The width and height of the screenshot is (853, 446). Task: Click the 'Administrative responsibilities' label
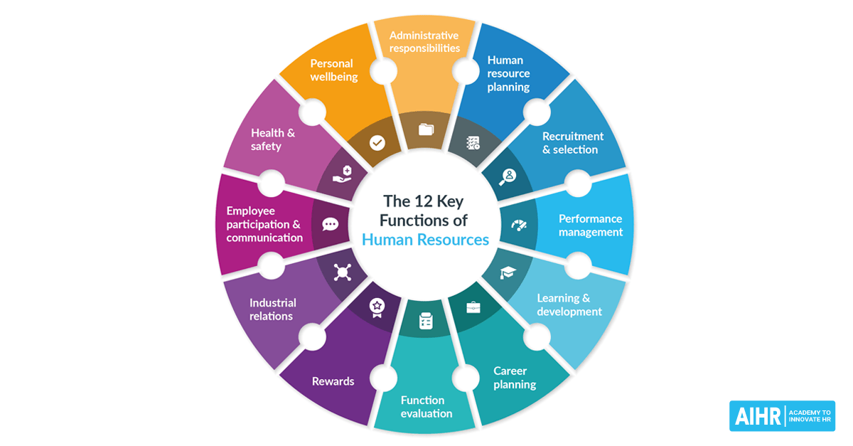click(x=424, y=41)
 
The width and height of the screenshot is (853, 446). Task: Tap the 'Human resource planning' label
click(x=508, y=74)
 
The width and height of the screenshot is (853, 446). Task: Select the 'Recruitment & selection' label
click(x=572, y=142)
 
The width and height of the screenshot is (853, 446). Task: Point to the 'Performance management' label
click(x=590, y=225)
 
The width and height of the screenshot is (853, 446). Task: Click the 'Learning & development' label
click(x=569, y=304)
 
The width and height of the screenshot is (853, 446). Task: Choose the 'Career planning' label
click(x=515, y=378)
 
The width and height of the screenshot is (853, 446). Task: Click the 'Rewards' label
click(x=333, y=381)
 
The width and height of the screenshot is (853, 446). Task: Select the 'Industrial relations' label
click(x=272, y=309)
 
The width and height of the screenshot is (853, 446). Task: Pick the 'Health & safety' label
click(x=273, y=139)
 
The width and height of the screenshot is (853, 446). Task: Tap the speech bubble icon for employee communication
click(x=330, y=224)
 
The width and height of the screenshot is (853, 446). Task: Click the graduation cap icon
click(x=508, y=272)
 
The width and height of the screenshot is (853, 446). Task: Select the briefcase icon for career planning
click(x=473, y=308)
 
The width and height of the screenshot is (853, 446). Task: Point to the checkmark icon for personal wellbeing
click(x=377, y=143)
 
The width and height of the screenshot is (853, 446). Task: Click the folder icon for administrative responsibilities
click(x=426, y=129)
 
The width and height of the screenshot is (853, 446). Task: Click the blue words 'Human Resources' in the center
click(x=425, y=239)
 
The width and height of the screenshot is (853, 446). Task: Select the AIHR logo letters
click(x=756, y=416)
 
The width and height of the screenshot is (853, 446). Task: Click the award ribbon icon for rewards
click(x=376, y=307)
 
